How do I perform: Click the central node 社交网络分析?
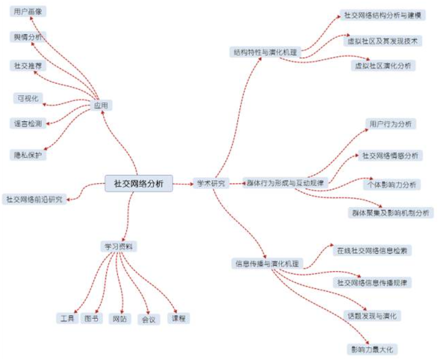click(139, 183)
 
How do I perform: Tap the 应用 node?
click(101, 106)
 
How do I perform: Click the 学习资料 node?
click(119, 246)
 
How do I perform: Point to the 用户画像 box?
click(28, 12)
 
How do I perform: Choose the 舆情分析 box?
click(28, 38)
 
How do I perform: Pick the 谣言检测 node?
click(28, 123)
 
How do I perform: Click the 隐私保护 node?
click(28, 155)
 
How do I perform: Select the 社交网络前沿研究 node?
click(34, 199)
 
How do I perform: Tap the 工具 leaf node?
click(67, 318)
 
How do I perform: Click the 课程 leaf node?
click(179, 318)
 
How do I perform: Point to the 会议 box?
click(148, 319)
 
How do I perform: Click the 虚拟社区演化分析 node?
click(383, 65)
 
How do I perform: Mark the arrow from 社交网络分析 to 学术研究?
click(183, 184)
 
